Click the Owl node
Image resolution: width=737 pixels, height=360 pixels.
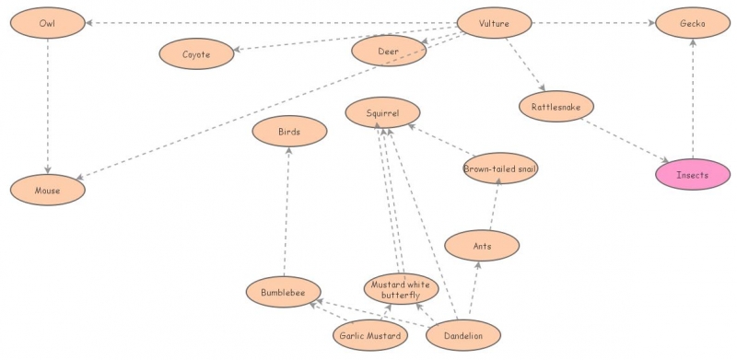pyautogui.click(x=47, y=22)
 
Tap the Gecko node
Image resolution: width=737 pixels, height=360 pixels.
pyautogui.click(x=692, y=22)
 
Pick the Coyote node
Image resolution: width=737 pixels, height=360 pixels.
pyautogui.click(x=196, y=54)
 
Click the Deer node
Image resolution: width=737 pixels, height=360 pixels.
pyautogui.click(x=389, y=52)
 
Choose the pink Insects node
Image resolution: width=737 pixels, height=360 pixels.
pyautogui.click(x=692, y=174)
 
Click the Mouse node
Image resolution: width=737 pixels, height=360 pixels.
pyautogui.click(x=47, y=191)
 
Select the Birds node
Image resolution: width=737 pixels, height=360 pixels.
pyautogui.click(x=289, y=132)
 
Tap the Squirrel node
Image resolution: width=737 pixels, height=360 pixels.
pyautogui.click(x=382, y=113)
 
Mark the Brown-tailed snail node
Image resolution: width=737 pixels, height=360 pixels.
pyautogui.click(x=500, y=168)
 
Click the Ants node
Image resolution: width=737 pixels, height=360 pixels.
pyautogui.click(x=482, y=246)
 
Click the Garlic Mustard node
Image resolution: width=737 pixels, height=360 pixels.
pyautogui.click(x=369, y=336)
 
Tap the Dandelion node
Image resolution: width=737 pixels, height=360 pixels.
pyautogui.click(x=463, y=335)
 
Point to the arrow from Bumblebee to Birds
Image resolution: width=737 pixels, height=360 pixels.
pyautogui.click(x=287, y=212)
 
